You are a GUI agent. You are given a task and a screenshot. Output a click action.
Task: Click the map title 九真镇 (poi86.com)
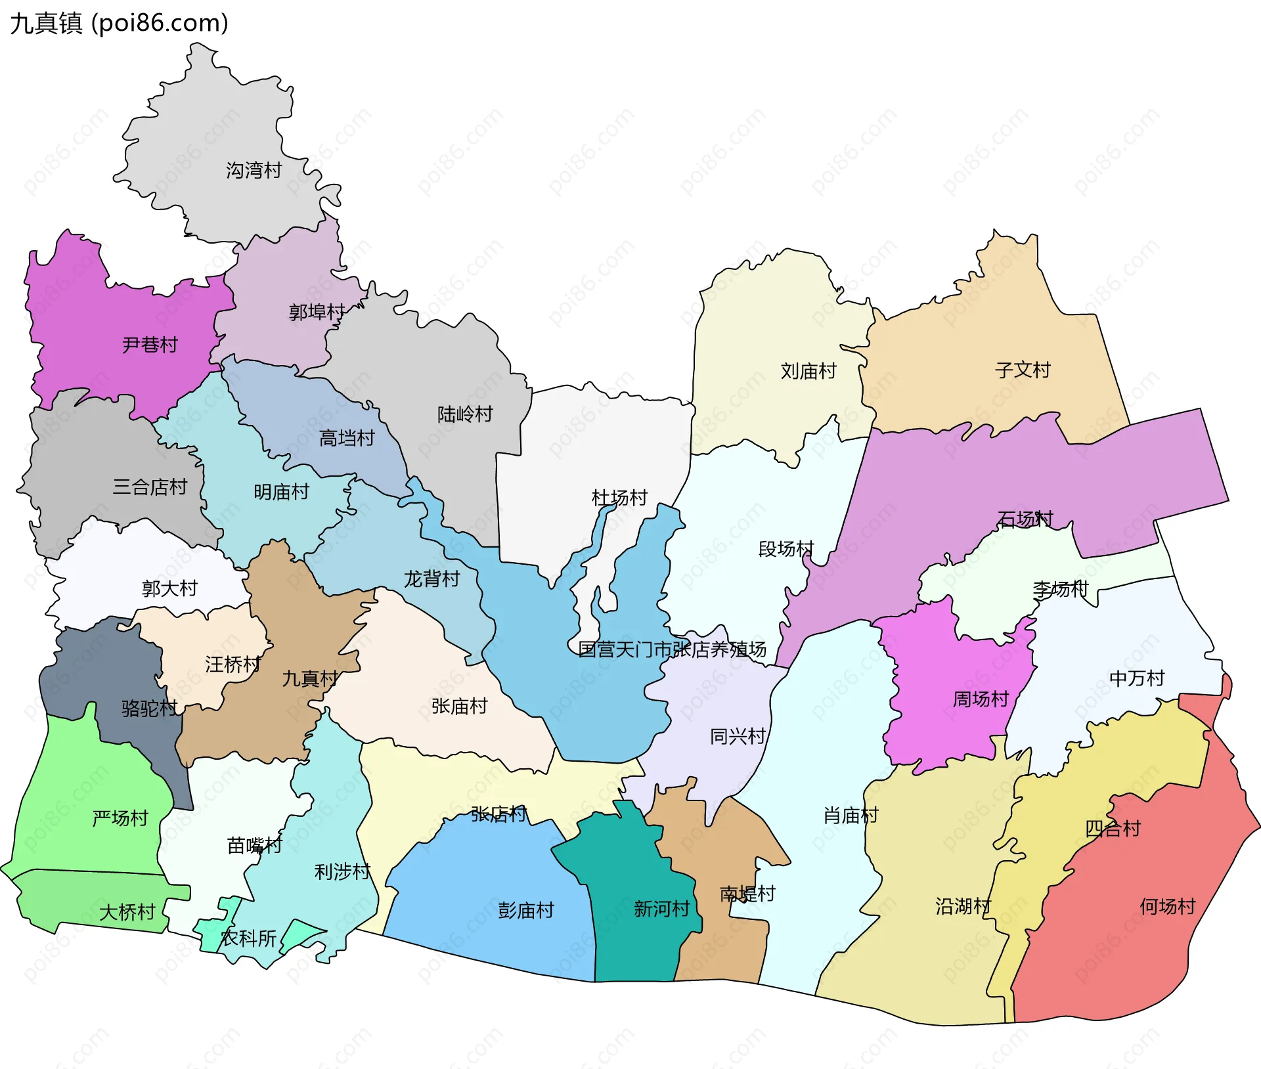(119, 23)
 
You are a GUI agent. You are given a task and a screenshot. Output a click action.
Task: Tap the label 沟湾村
(254, 171)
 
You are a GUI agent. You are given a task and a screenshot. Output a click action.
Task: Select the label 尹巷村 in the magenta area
(150, 345)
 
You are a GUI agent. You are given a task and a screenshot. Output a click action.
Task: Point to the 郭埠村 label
(317, 312)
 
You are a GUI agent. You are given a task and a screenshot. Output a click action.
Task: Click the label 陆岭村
(465, 414)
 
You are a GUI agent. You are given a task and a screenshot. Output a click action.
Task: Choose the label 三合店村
(150, 487)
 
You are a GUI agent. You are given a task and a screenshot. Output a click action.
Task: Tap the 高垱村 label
(347, 438)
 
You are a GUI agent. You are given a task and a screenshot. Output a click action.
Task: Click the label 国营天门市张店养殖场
(672, 649)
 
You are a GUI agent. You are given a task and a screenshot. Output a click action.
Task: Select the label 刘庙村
(808, 372)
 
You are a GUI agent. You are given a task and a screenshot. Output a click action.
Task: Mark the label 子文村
(1023, 370)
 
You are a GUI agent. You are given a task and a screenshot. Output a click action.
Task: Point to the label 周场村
(981, 699)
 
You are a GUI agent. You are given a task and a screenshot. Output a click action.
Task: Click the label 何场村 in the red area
(1167, 907)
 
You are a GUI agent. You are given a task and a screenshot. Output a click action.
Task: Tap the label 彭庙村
(526, 911)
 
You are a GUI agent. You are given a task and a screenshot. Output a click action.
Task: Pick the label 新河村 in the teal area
(661, 909)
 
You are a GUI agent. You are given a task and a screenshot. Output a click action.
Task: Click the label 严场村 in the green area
(120, 818)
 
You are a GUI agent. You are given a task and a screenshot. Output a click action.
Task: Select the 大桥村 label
(127, 912)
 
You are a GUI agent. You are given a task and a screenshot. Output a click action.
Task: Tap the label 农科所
(248, 938)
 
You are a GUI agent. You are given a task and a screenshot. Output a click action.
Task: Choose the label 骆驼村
(149, 709)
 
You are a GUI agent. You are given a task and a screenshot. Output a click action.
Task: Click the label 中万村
(1136, 678)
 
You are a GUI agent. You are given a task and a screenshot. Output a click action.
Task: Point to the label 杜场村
(619, 498)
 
